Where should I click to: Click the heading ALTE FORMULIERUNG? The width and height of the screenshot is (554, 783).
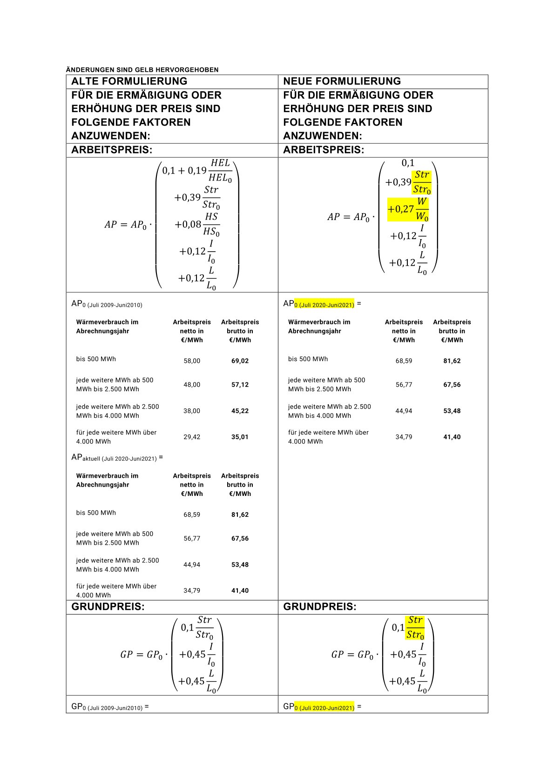pos(129,81)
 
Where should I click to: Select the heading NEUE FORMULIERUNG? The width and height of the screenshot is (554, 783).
pos(342,81)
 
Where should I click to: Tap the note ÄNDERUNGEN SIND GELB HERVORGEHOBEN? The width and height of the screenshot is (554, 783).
pos(142,70)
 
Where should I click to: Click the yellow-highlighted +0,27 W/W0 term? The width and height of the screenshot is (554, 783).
pos(408,209)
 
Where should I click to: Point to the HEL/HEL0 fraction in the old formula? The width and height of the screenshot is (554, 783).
pos(220,170)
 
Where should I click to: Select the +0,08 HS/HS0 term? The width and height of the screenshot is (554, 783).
pos(197,224)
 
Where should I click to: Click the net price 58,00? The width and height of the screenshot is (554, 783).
pos(192,361)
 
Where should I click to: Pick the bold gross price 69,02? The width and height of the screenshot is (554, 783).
pos(240,361)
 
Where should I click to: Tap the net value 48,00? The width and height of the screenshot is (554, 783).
pos(192,385)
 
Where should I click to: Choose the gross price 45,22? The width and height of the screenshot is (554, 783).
pos(240,411)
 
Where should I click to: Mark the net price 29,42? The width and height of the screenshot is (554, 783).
pos(192,437)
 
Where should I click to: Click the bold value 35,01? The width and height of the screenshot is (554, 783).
pos(240,437)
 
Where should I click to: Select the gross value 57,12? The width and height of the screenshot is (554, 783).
pos(240,385)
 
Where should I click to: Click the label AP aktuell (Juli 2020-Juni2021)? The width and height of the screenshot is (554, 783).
pos(117,458)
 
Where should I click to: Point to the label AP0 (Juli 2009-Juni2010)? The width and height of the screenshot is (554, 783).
pos(107,304)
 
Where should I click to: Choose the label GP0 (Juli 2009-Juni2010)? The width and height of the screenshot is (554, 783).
pos(110,707)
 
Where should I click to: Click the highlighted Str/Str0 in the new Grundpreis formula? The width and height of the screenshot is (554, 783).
pos(415,627)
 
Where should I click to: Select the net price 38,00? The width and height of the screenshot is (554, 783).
pos(192,411)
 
